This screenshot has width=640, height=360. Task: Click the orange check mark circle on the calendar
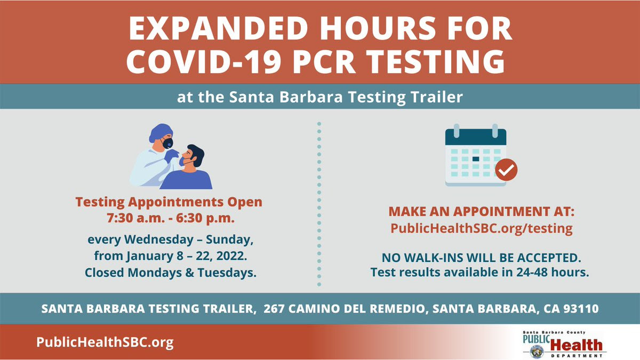coord(506,170)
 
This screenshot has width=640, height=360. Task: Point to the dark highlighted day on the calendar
coord(476,159)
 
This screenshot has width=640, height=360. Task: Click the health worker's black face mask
coord(167,143)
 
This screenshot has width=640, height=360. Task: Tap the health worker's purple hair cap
coord(161,132)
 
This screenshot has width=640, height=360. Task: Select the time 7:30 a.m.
coord(135,218)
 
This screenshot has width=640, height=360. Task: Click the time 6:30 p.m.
coord(205,218)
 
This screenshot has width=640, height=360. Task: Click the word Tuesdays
coord(227,273)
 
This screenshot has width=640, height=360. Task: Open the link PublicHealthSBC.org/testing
coord(482,229)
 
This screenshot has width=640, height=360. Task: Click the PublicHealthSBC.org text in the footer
coord(105,342)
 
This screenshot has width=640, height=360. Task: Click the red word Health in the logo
coord(576,345)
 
